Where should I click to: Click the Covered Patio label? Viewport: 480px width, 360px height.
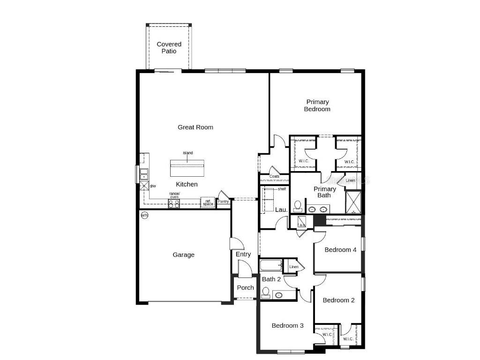pyautogui.click(x=169, y=47)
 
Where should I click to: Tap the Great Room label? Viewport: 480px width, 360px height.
pyautogui.click(x=195, y=127)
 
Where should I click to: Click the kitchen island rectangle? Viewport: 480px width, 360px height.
pyautogui.click(x=187, y=167)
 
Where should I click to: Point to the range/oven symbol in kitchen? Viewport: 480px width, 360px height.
pyautogui.click(x=174, y=203)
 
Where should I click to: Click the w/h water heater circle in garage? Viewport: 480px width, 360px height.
pyautogui.click(x=144, y=216)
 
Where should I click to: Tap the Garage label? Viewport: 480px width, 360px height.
pyautogui.click(x=183, y=255)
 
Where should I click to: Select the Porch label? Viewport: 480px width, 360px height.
pyautogui.click(x=245, y=288)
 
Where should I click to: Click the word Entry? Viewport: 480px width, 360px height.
pyautogui.click(x=243, y=254)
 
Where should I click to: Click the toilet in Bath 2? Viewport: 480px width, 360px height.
pyautogui.click(x=266, y=293)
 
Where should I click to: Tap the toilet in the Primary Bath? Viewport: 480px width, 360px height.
pyautogui.click(x=297, y=206)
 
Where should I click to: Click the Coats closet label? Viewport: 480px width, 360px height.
pyautogui.click(x=274, y=177)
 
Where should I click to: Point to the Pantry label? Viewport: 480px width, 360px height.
pyautogui.click(x=223, y=202)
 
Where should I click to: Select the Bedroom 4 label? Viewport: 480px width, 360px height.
pyautogui.click(x=340, y=250)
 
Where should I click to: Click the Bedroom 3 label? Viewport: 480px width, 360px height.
pyautogui.click(x=287, y=325)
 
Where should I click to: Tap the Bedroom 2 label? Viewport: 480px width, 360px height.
pyautogui.click(x=338, y=300)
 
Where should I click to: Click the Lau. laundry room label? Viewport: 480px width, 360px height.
pyautogui.click(x=281, y=210)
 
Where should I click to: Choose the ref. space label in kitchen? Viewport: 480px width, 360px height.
pyautogui.click(x=208, y=202)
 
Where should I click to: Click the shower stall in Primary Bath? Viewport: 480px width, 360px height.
pyautogui.click(x=353, y=202)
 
